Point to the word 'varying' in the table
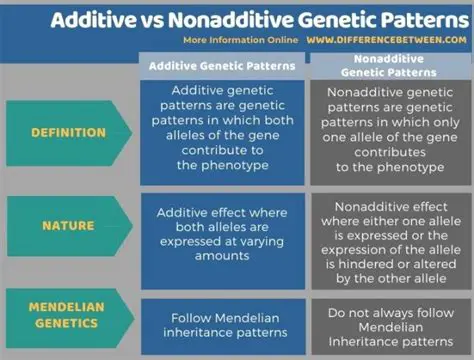coord(261,242)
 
